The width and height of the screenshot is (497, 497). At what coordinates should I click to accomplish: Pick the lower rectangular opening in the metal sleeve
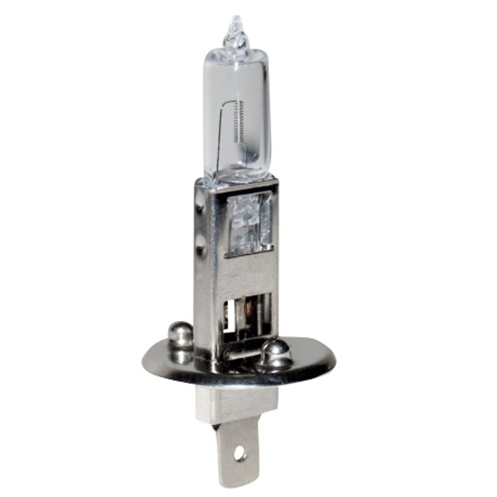point(248,315)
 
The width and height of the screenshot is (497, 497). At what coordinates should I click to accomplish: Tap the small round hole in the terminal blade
point(240,454)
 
